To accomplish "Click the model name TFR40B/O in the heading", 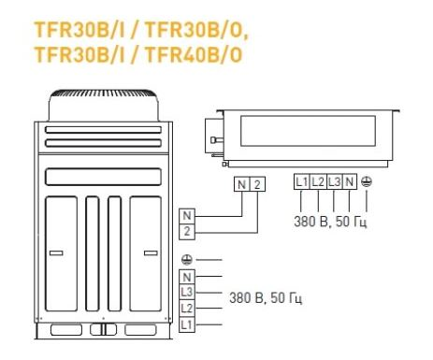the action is (194, 54).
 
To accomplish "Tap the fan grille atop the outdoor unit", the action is (103, 94).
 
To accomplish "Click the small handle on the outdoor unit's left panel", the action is (56, 253).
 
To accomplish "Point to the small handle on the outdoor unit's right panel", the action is (151, 253).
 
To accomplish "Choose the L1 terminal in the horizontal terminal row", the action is (302, 181).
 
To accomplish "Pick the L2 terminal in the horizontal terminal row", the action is (318, 181).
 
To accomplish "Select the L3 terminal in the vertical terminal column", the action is (187, 293).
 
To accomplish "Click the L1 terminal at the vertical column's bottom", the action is (187, 324).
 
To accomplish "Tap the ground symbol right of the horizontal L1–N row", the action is (367, 181).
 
